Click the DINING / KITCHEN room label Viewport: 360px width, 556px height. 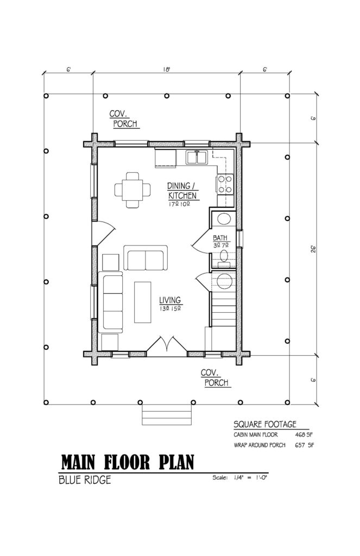coord(181,191)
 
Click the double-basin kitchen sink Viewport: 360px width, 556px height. coord(197,157)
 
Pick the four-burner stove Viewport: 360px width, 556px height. coord(225,184)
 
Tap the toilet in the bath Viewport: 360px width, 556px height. coord(223,219)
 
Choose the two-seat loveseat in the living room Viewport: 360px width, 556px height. coord(146,258)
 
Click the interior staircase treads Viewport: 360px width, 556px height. coord(223,315)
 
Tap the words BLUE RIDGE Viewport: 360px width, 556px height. coord(85,481)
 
